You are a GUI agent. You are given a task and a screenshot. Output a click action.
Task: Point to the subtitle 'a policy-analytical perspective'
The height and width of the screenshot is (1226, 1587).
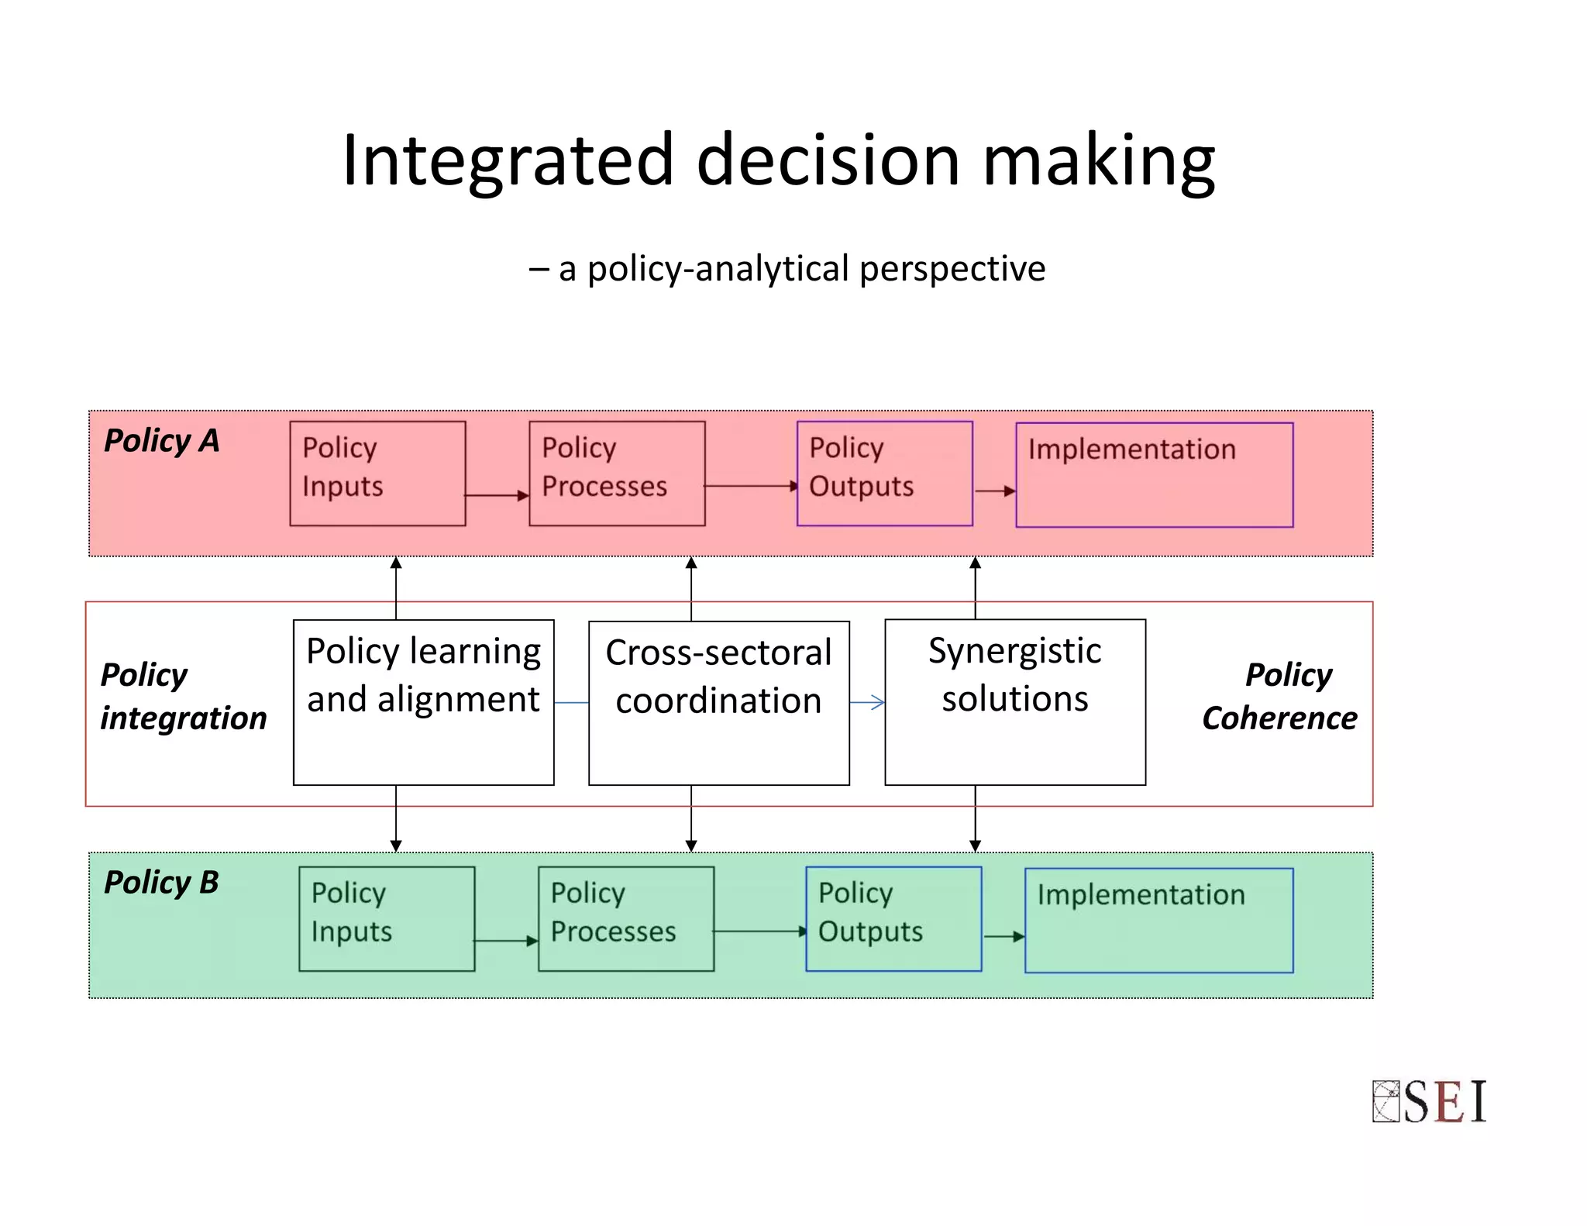(801, 269)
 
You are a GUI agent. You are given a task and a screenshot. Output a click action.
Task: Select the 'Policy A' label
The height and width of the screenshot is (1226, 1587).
(162, 441)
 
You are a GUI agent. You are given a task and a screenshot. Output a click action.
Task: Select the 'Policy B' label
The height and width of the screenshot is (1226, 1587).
(161, 883)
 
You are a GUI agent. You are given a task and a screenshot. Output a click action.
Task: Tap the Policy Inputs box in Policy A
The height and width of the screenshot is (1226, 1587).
(377, 474)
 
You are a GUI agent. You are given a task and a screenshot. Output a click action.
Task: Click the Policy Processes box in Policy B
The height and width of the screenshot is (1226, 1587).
(625, 918)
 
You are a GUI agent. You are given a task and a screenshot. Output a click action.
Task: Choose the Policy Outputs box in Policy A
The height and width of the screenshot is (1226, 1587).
(884, 474)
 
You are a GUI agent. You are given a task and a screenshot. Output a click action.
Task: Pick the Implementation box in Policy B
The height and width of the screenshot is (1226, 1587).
(1158, 920)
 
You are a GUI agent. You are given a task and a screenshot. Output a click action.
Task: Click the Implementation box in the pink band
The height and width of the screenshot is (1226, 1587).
(1154, 474)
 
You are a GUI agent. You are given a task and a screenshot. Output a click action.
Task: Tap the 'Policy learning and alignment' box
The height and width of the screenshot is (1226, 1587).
(423, 702)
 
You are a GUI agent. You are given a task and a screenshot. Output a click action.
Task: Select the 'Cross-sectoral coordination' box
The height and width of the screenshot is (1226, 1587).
(718, 703)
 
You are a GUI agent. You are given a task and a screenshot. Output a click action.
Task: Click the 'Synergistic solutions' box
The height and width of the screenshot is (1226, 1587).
(1014, 702)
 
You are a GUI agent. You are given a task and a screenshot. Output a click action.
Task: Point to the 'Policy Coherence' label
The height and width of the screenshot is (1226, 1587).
(1280, 696)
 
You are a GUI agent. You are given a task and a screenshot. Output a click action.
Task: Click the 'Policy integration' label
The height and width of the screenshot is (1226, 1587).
(183, 696)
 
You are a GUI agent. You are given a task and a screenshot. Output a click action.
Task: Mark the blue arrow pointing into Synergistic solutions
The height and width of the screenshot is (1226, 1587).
(868, 703)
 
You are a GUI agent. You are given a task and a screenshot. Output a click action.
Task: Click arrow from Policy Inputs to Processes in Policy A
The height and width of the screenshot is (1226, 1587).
(497, 495)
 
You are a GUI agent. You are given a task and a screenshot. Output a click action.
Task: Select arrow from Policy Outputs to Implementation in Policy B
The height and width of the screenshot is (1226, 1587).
(1004, 936)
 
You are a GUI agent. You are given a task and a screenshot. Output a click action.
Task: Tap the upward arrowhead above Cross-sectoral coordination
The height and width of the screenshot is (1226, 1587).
(691, 563)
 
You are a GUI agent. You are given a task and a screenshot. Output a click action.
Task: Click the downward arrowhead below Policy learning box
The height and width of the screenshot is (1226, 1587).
(396, 845)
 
